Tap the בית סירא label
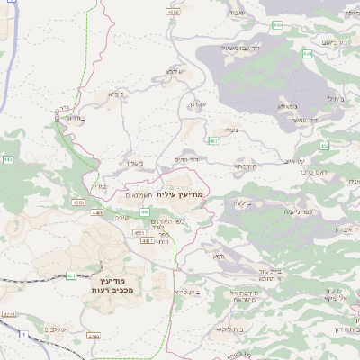coord(188,292)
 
